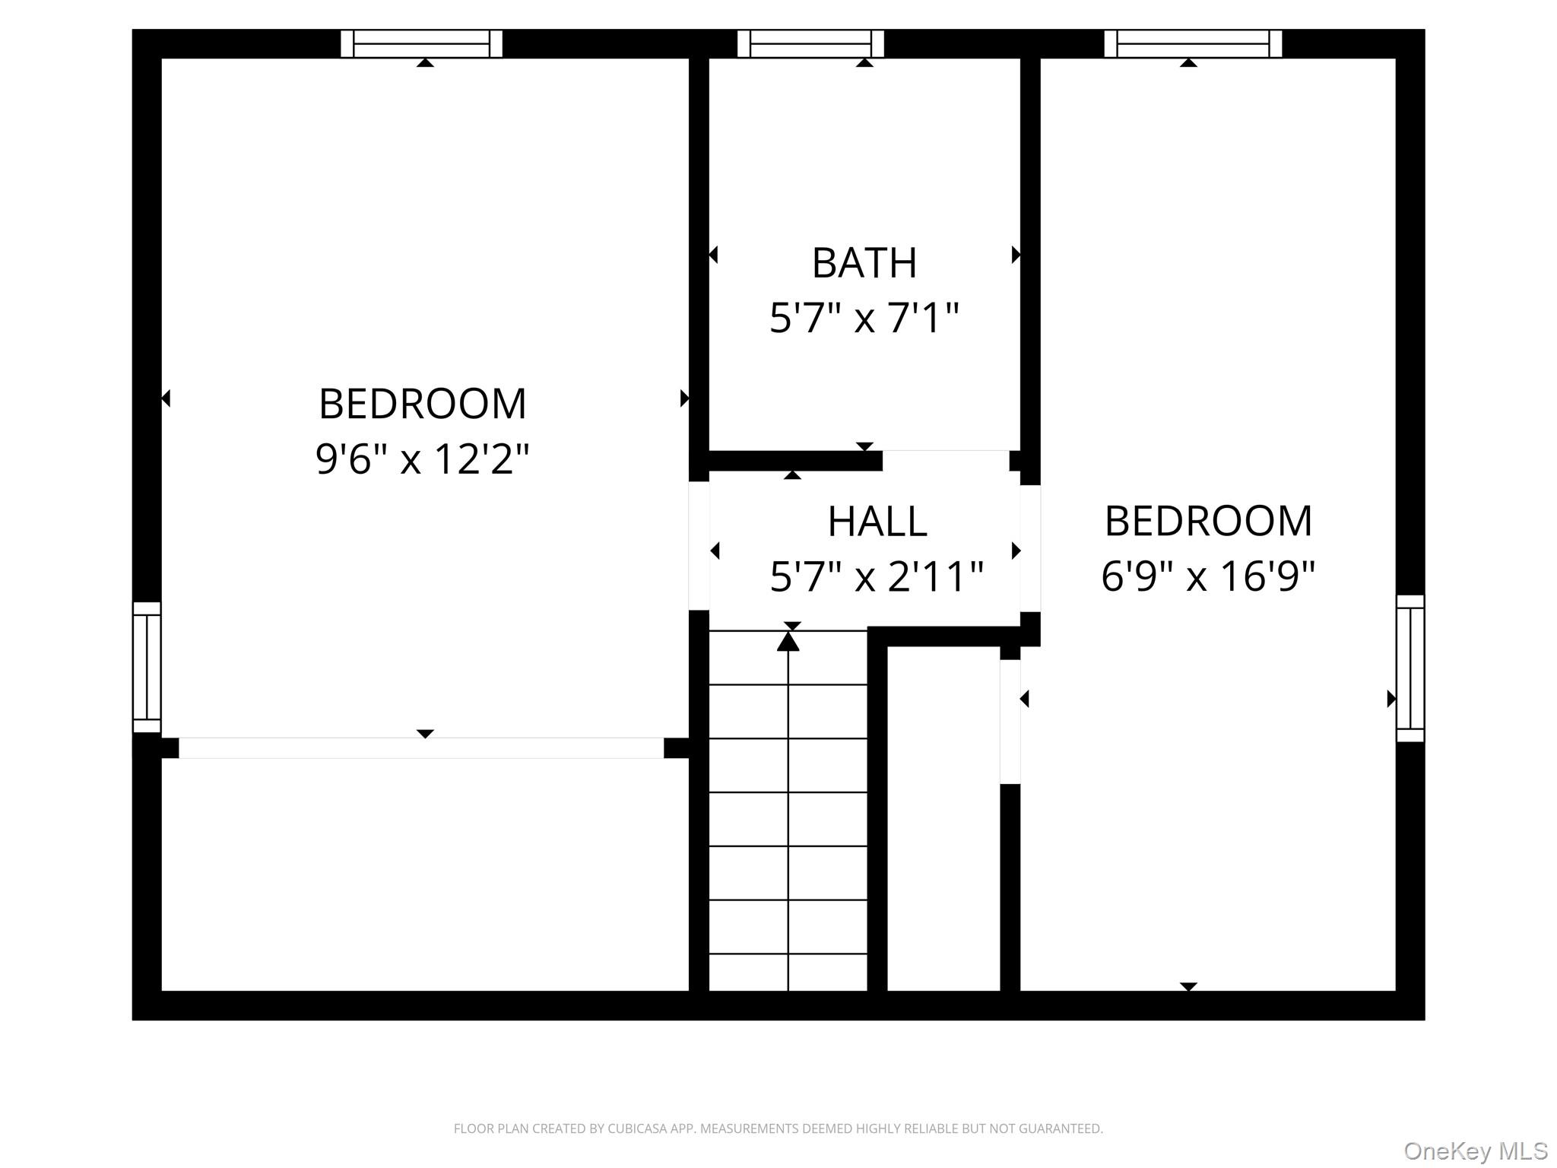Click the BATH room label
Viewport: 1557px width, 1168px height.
(864, 263)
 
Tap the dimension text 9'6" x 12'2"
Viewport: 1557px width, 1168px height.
(422, 459)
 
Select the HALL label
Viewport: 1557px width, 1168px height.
(877, 522)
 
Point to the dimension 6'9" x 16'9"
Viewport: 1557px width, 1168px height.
(1207, 576)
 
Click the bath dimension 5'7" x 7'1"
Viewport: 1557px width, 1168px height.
(864, 318)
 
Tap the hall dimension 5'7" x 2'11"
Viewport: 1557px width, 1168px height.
(877, 576)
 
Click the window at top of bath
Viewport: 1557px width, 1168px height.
(810, 44)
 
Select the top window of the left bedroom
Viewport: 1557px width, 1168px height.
(421, 44)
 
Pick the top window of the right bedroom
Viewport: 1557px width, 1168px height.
(1192, 44)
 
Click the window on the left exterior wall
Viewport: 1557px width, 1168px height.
(147, 667)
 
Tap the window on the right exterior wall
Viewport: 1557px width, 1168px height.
(1410, 668)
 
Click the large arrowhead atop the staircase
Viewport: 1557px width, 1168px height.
(788, 643)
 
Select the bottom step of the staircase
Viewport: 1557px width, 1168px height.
(788, 973)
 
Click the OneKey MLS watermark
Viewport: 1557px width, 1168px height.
(1476, 1151)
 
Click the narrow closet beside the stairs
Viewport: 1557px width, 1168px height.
(943, 817)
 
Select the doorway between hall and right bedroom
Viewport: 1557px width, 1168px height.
(1030, 548)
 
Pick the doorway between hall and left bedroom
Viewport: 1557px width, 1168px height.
(699, 545)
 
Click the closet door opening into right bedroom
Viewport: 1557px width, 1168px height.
(1010, 721)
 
